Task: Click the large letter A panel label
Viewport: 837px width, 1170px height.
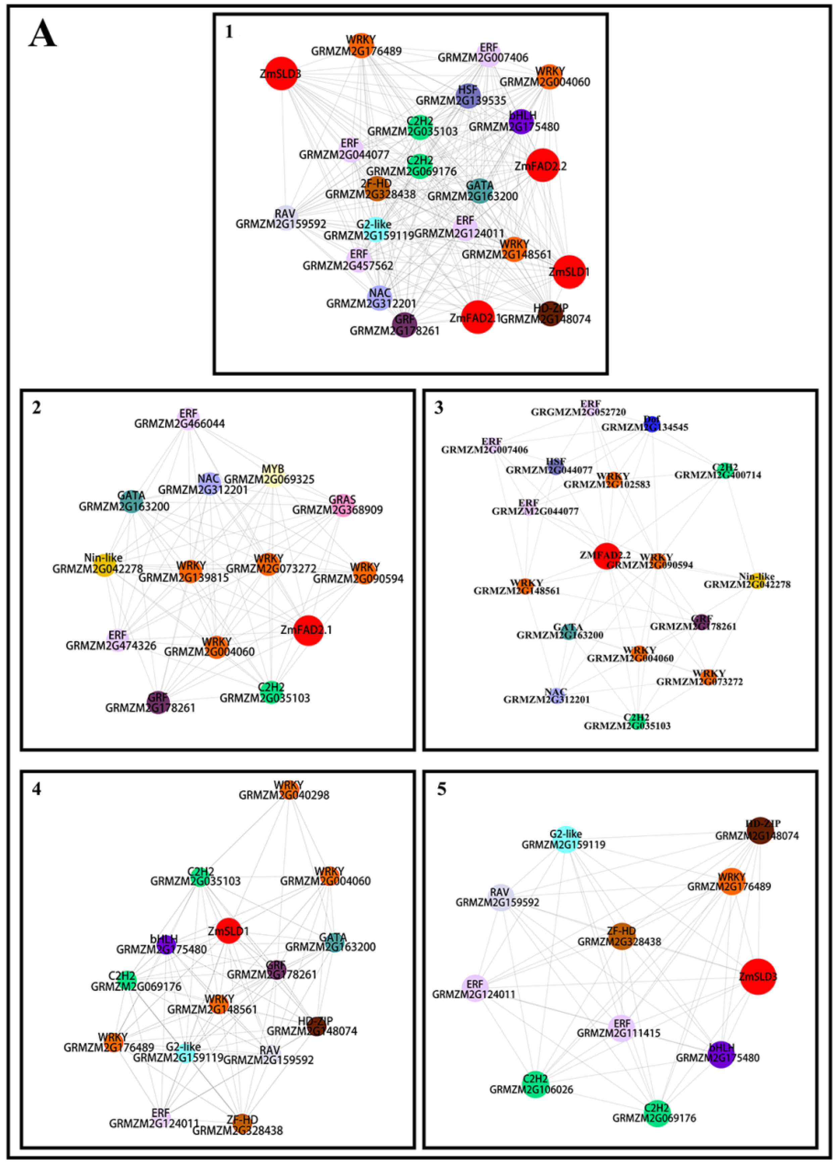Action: [x=42, y=35]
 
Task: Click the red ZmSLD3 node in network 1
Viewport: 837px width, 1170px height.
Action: [x=281, y=74]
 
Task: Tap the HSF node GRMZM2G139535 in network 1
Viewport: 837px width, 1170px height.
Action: [x=468, y=96]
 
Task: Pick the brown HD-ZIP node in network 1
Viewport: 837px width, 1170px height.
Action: [x=550, y=314]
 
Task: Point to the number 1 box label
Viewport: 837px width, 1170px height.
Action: [x=229, y=32]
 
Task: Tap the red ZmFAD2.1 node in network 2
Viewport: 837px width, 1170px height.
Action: [x=308, y=629]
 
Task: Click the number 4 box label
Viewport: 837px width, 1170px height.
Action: [x=36, y=789]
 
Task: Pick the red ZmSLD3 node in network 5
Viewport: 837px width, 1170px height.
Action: [x=758, y=976]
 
